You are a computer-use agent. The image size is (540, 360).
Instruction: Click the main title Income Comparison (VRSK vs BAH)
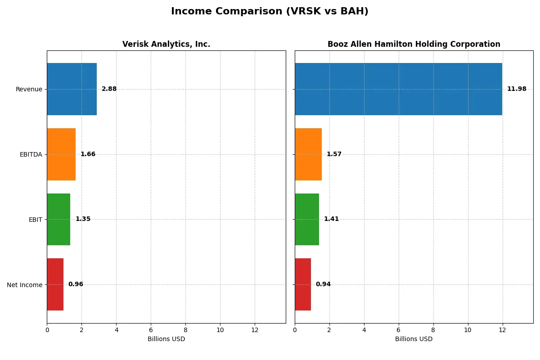click(270, 12)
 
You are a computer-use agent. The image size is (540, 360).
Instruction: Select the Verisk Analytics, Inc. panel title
click(166, 44)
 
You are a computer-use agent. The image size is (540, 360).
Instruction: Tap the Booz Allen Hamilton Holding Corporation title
click(414, 44)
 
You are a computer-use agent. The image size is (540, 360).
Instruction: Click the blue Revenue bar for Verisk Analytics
click(72, 89)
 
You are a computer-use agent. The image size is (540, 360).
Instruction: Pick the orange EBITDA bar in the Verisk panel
click(61, 154)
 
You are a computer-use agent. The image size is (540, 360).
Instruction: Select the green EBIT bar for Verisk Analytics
click(58, 219)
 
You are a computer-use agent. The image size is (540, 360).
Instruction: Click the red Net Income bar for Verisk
click(55, 284)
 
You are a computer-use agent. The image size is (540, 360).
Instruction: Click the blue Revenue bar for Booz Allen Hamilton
click(398, 89)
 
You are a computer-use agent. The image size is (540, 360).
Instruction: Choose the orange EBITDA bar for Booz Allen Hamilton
click(308, 154)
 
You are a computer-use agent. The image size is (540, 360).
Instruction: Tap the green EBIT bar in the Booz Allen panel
click(307, 219)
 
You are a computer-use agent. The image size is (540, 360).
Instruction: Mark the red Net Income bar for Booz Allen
click(303, 284)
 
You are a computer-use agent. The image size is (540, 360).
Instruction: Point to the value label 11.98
click(517, 89)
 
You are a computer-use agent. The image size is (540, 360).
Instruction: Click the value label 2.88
click(109, 89)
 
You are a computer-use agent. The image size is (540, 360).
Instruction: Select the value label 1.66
click(88, 154)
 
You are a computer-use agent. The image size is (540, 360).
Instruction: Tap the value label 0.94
click(323, 284)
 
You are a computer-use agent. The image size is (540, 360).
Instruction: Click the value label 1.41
click(331, 219)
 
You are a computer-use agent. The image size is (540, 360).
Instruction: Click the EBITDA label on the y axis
click(31, 154)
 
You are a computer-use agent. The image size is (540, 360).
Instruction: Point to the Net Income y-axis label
click(24, 284)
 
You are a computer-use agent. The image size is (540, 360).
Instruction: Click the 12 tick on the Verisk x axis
click(255, 330)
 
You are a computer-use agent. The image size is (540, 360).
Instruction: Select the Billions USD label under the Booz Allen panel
click(414, 339)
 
